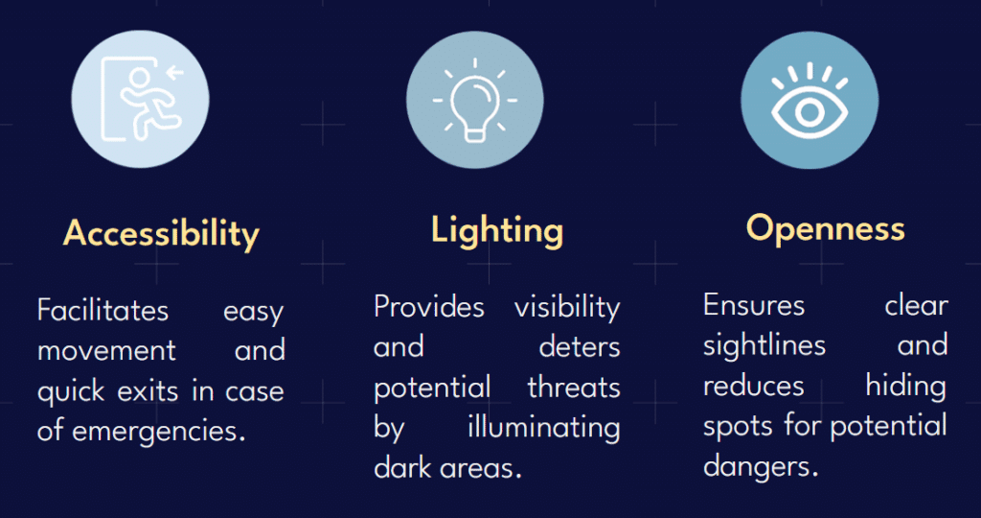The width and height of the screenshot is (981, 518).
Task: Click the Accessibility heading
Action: (161, 234)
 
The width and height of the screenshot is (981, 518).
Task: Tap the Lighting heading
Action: (497, 231)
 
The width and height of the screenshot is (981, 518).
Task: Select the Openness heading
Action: (825, 229)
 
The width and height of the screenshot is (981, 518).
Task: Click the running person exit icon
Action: (143, 99)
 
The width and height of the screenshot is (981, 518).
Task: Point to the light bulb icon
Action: (475, 100)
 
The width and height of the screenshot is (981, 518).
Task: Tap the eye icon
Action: (810, 101)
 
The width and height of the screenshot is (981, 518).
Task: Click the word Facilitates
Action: (103, 310)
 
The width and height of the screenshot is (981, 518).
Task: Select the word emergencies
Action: (158, 432)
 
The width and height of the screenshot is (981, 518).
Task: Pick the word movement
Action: (107, 351)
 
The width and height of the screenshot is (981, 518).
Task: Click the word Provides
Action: (429, 307)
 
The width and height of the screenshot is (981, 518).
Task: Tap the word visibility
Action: (567, 308)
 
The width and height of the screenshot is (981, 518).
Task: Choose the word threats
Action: (575, 388)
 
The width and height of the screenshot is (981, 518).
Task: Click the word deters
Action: (580, 347)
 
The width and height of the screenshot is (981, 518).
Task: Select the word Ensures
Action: (754, 306)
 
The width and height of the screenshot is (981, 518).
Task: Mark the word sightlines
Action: (764, 345)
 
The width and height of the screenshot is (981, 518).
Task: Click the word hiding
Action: (906, 387)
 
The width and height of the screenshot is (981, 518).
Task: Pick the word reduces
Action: (753, 387)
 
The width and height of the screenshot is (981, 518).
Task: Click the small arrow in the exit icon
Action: (176, 72)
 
